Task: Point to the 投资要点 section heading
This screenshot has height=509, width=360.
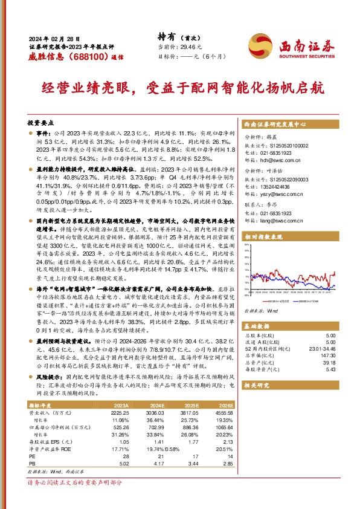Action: pyautogui.click(x=41, y=122)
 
